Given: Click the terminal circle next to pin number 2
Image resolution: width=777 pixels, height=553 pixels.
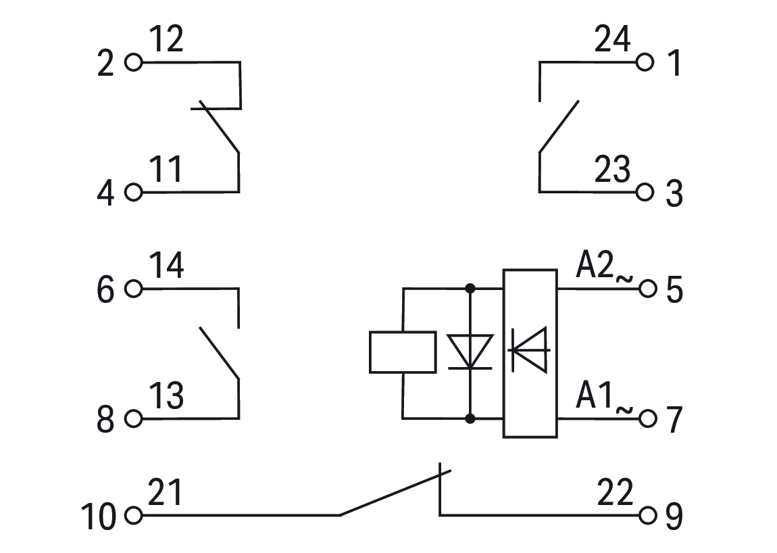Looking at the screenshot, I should coord(134,63).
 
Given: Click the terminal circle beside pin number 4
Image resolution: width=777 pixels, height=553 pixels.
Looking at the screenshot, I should coord(134,193).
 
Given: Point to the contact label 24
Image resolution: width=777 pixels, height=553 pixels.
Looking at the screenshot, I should coord(612,41).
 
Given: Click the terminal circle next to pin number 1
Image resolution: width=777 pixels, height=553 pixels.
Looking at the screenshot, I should coord(645,63).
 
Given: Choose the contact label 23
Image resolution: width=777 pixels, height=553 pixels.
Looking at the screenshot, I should coord(612,170).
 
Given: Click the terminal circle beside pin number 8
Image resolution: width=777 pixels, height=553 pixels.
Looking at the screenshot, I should coord(134,419).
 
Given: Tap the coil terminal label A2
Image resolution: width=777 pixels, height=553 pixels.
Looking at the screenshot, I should coord(595,266).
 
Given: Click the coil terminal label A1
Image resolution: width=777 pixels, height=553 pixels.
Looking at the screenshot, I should coord(595,396).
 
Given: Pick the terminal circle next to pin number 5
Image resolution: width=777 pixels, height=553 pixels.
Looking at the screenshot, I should coord(647,289).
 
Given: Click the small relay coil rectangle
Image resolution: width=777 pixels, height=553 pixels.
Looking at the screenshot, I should coord(403,352).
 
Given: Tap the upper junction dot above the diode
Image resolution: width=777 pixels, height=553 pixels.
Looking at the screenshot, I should coord(470,289).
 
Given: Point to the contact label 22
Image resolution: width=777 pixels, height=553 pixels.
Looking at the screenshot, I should coord(615,493).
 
